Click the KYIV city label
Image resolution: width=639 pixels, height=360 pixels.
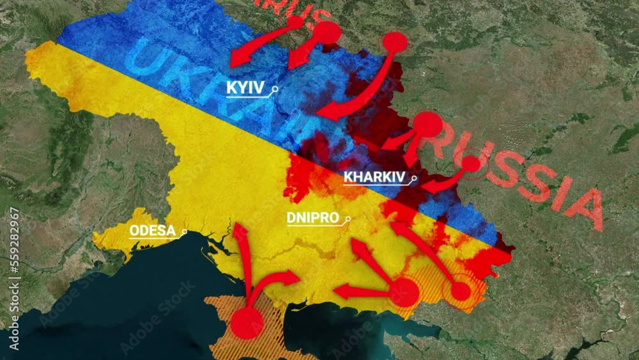(245, 88)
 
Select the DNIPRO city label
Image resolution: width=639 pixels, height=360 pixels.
(312, 217)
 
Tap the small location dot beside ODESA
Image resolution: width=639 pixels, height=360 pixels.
(184, 231)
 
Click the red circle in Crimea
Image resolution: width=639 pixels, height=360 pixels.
(247, 322)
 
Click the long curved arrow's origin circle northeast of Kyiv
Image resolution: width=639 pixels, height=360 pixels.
(395, 42)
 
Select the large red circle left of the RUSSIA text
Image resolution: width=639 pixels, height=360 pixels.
(427, 125)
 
